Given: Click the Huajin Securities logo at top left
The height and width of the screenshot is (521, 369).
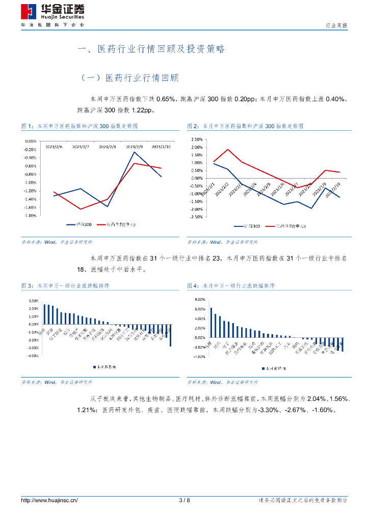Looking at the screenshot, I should [x=53, y=13].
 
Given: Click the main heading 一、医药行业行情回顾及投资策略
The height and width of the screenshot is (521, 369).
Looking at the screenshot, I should [x=151, y=49].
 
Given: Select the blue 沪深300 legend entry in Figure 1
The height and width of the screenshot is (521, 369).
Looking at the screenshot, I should [x=79, y=224].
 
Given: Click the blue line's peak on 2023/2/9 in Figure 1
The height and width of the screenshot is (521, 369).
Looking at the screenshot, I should [x=135, y=152].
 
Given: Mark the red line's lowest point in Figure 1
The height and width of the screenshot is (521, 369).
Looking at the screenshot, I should [x=81, y=209].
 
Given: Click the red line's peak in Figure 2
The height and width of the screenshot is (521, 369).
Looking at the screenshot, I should [x=227, y=150].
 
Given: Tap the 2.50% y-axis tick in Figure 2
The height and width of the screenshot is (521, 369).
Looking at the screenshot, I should [x=196, y=139].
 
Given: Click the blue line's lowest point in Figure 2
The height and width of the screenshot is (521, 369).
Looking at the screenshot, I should [x=311, y=208].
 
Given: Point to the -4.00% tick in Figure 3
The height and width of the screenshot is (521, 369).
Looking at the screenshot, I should [x=31, y=356].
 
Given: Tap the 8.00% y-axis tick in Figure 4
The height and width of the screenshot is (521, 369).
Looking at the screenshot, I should [x=198, y=299].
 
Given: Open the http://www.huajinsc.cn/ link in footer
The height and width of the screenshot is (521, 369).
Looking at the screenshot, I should [x=49, y=501].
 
